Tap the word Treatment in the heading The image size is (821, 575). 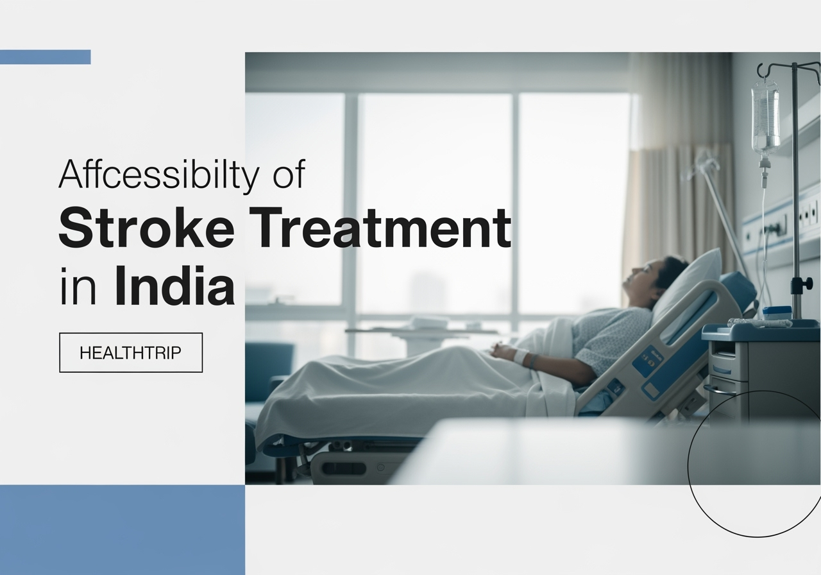click(382, 228)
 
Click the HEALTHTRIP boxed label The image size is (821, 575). click(131, 352)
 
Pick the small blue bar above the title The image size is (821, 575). click(45, 57)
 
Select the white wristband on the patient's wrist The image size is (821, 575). click(521, 357)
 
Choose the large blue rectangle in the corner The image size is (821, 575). click(122, 529)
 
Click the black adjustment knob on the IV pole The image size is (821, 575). click(797, 284)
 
